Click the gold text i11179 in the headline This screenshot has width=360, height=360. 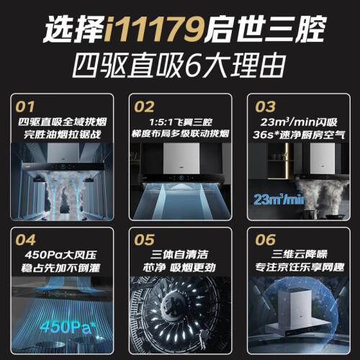[x=154, y=30]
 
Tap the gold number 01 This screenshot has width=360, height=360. [x=25, y=107]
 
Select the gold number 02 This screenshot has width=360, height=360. [x=144, y=107]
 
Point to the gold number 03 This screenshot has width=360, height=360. [x=265, y=107]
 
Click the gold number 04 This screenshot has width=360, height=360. [x=25, y=240]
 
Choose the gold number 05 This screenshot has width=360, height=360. [x=144, y=240]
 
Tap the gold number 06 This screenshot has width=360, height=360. [x=265, y=240]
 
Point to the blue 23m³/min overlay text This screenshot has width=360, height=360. [x=279, y=199]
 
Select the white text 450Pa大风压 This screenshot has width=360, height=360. [x=60, y=255]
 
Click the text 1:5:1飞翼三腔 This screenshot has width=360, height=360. [x=181, y=122]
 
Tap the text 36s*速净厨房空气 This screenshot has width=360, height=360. [x=299, y=135]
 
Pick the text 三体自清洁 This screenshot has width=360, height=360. [x=179, y=254]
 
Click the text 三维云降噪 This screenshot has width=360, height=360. [x=300, y=254]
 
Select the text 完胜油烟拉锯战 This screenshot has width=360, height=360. [x=62, y=135]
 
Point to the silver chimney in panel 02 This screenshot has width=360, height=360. [x=181, y=158]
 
